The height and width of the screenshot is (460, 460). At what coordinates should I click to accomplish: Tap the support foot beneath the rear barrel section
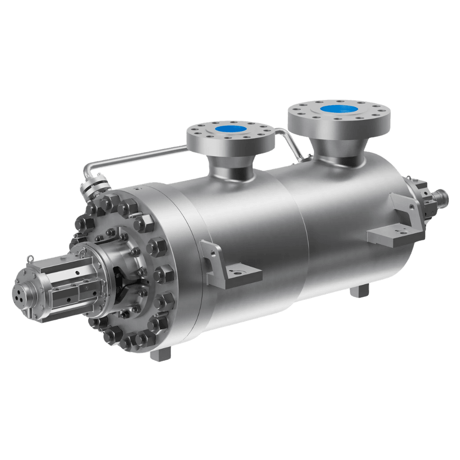359,291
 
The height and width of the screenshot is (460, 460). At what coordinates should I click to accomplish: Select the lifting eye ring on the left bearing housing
30,259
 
